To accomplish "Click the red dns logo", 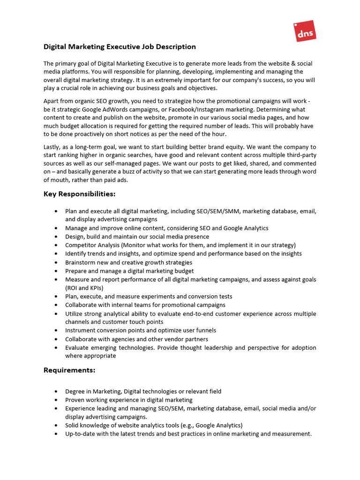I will (305, 31).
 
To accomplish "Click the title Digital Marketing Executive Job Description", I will (120, 47).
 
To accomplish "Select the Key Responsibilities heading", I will (79, 194).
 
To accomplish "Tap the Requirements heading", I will (69, 370).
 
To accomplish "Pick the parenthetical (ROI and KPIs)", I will (84, 288).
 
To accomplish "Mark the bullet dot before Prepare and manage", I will (56, 271).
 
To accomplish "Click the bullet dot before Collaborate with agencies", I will (56, 339).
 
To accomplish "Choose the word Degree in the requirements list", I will (75, 391).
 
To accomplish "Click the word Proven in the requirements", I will (75, 400).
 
